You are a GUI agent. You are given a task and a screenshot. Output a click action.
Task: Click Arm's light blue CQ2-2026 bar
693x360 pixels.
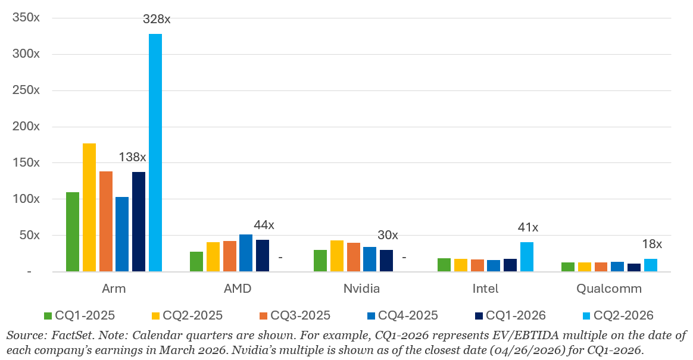[155, 152]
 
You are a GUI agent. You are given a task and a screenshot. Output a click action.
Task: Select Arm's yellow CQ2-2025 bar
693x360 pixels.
[89, 207]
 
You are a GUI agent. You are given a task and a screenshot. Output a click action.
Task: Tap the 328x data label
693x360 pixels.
[157, 20]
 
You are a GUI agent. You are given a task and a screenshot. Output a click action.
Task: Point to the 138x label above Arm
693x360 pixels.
[132, 157]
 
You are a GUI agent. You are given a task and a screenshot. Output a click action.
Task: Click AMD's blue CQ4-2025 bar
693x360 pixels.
[246, 253]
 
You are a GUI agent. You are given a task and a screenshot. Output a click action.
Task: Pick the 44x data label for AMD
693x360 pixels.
[264, 226]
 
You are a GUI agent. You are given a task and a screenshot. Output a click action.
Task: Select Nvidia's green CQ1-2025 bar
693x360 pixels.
[320, 261]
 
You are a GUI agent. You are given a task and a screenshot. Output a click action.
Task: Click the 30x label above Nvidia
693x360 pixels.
[388, 236]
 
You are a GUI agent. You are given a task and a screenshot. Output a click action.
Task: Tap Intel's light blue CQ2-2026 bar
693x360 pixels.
[527, 256]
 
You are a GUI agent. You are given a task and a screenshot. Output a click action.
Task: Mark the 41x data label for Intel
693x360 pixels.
[527, 227]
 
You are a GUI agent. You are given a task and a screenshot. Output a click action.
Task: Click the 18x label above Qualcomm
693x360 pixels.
[652, 244]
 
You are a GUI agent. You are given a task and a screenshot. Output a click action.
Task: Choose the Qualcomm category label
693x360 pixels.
[609, 289]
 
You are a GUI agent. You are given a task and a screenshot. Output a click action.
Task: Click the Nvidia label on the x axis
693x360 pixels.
[361, 289]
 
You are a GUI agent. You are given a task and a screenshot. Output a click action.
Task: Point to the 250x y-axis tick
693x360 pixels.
[26, 90]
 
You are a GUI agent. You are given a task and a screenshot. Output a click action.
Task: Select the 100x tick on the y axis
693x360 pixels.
[26, 199]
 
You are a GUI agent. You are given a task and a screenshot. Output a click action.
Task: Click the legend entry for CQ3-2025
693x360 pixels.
[295, 315]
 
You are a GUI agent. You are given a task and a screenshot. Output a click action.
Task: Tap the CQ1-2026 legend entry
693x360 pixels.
[510, 315]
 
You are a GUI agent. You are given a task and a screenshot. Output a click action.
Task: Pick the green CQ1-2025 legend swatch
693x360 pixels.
[48, 316]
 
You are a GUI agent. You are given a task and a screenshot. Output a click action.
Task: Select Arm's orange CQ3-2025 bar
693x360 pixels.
[106, 221]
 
